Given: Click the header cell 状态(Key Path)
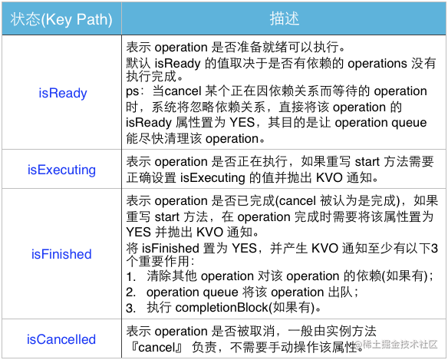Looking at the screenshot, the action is click(x=61, y=19).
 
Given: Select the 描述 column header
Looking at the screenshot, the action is click(x=285, y=18).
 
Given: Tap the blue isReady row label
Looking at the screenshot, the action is click(x=63, y=93).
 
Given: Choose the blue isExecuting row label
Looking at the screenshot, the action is click(x=61, y=170).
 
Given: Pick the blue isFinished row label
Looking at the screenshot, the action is click(x=61, y=254).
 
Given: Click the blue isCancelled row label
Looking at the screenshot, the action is click(x=61, y=339).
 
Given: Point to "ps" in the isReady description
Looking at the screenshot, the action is click(x=133, y=92).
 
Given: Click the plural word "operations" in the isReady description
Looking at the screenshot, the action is click(x=377, y=64).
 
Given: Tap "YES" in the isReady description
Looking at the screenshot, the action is click(x=242, y=123).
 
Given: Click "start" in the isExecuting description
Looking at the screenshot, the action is click(x=367, y=162).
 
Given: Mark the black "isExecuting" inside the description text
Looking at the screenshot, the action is click(x=212, y=178).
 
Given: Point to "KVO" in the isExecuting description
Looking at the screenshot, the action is click(x=329, y=178).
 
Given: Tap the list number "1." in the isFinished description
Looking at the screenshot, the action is click(x=131, y=276).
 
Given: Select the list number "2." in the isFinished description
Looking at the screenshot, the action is click(x=131, y=292).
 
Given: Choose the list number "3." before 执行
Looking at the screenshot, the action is click(x=131, y=309).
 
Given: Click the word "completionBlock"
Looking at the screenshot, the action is click(x=222, y=309).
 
